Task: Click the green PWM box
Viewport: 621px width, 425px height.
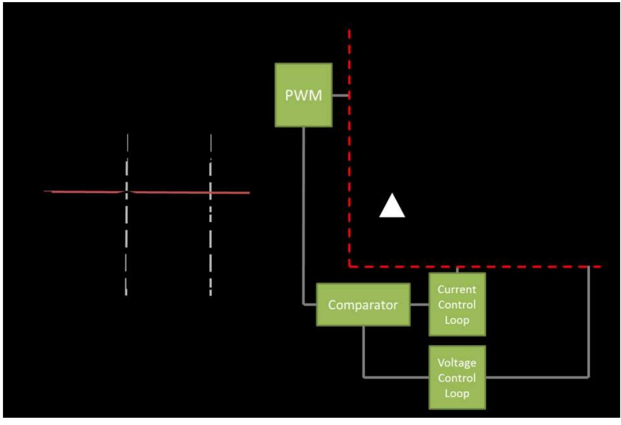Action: point(303,95)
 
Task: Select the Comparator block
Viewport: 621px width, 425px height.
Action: point(363,305)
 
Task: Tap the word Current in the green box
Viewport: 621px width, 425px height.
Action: point(457,289)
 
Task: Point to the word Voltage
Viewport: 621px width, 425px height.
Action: point(457,363)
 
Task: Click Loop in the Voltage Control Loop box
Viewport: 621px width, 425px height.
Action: point(457,393)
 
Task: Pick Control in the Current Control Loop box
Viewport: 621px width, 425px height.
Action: point(457,305)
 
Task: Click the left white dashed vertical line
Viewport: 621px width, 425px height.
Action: point(127,239)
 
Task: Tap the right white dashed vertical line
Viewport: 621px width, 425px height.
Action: point(211,239)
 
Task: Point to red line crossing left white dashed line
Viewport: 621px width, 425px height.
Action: point(127,192)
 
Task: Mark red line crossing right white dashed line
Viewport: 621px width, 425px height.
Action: point(211,193)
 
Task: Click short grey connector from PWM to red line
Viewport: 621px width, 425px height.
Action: point(341,96)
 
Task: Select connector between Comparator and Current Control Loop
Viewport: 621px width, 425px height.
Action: point(419,305)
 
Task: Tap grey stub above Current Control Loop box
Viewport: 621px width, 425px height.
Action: point(457,270)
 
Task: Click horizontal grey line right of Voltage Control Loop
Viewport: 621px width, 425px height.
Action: point(538,377)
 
